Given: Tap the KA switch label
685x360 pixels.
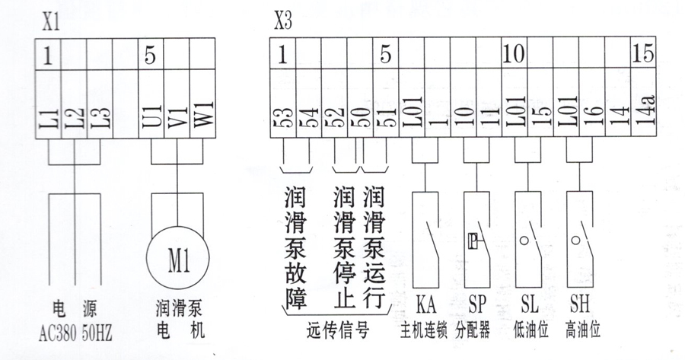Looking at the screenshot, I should [425, 307].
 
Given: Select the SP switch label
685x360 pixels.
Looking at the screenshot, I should [476, 307].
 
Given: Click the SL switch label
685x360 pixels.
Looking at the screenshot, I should [529, 307].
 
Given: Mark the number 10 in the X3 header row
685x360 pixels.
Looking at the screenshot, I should [514, 55].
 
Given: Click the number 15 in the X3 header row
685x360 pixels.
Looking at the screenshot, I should [642, 55].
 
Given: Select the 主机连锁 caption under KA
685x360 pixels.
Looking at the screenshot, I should [425, 332].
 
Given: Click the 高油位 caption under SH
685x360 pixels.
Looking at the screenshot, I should [583, 332].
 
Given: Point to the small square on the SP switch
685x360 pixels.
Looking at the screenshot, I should [472, 242].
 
